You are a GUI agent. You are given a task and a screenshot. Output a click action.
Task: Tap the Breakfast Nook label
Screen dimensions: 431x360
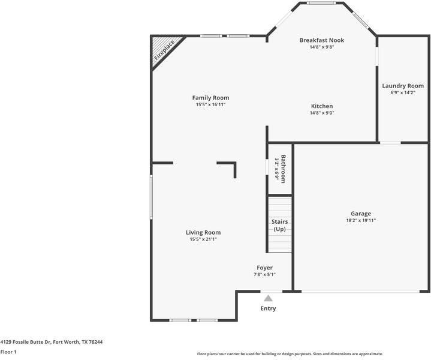coord(321,40)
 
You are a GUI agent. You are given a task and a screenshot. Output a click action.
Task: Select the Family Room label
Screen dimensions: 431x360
coord(210,98)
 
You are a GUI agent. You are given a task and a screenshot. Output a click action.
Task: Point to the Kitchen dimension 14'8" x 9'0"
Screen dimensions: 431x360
coord(322,113)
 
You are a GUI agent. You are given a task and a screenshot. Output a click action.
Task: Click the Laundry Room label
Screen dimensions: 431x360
coord(403,86)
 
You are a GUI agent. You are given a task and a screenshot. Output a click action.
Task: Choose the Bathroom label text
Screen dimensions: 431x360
coord(283,169)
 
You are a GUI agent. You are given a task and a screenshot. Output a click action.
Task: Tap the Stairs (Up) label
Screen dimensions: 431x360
coord(279,225)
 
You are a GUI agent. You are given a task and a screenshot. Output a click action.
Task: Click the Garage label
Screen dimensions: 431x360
coord(361,214)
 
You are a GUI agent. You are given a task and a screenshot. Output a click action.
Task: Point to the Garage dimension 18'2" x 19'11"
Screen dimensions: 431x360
coord(361,220)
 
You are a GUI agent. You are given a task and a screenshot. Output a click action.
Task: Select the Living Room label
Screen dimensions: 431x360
coord(203,233)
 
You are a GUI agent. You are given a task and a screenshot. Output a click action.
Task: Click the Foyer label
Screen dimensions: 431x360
coord(264,268)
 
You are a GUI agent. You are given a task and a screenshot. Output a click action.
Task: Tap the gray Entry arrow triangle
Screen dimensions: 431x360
coord(269,298)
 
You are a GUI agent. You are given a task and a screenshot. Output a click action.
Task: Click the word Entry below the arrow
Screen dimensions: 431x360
coord(268,308)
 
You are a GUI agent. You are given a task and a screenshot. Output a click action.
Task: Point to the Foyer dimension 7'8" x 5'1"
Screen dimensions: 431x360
coord(264,274)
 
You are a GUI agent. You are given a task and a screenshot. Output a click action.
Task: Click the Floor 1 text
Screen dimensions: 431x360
coord(8,352)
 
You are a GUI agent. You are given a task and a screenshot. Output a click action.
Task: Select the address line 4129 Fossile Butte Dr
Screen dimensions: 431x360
coord(52,342)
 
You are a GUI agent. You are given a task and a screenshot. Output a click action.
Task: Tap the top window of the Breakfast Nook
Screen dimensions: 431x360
coord(321,3)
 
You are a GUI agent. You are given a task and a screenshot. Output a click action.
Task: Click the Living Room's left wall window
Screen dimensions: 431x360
coord(151,197)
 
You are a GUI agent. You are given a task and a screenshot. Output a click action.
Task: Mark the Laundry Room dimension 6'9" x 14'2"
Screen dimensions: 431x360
coord(403,93)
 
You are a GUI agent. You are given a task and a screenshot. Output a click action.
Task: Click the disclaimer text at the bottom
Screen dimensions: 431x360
coord(290,354)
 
